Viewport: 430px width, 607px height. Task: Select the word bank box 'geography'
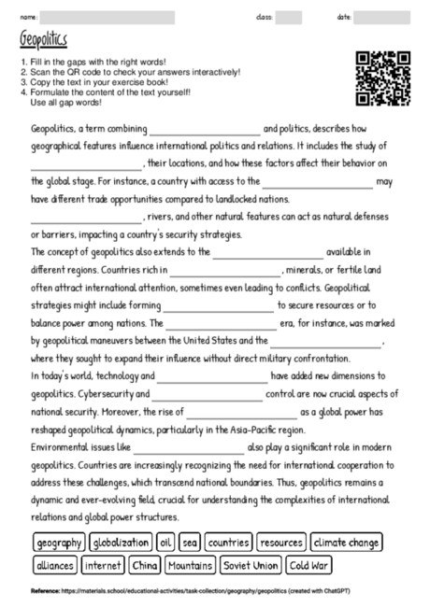[59, 543]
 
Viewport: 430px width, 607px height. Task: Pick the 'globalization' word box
[121, 543]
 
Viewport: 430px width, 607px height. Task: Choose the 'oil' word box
[165, 543]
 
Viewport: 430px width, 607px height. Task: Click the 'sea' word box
[191, 543]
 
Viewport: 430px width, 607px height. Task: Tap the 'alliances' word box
[54, 565]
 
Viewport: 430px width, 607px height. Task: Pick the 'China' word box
[145, 565]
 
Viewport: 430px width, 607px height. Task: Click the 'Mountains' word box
[191, 565]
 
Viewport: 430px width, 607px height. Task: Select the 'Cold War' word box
[309, 565]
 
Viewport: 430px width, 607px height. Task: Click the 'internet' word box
[104, 565]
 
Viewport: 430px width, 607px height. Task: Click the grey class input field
[289, 17]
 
